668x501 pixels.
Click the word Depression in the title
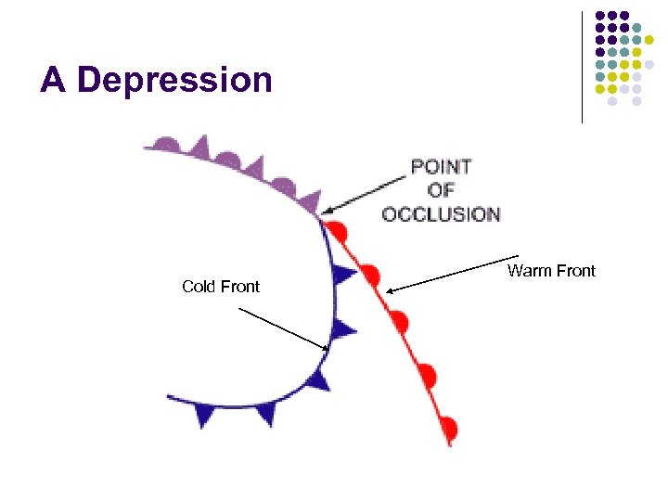tap(175, 81)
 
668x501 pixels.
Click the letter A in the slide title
tap(53, 81)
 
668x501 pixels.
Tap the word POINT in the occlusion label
tap(441, 167)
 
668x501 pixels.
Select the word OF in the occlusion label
tap(441, 190)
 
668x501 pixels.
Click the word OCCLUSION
tap(441, 214)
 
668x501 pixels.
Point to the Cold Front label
tap(221, 287)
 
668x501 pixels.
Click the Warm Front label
tap(551, 271)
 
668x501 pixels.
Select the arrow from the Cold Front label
tap(283, 328)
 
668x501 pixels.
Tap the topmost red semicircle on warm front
tap(340, 229)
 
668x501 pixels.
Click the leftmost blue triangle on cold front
tap(204, 416)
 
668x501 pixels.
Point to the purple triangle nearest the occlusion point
tap(311, 200)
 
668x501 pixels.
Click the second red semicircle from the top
tap(370, 275)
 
